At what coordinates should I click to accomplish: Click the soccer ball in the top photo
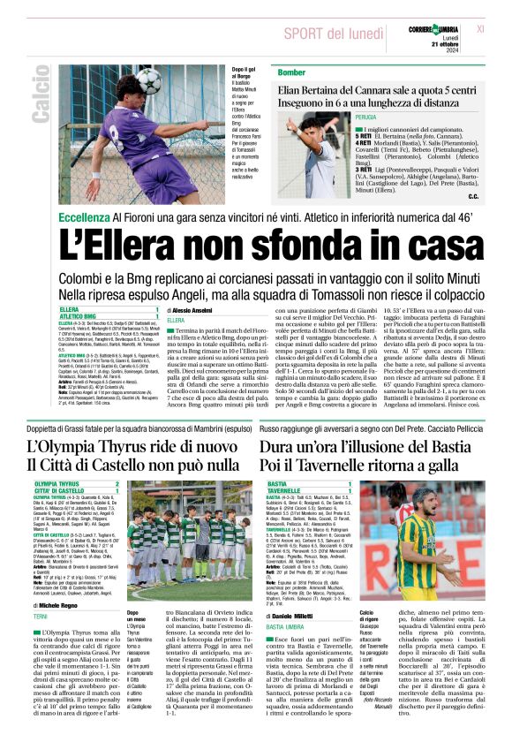tap(150, 81)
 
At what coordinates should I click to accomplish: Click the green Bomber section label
tap(267, 72)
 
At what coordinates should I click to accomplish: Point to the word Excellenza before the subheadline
tap(85, 216)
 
